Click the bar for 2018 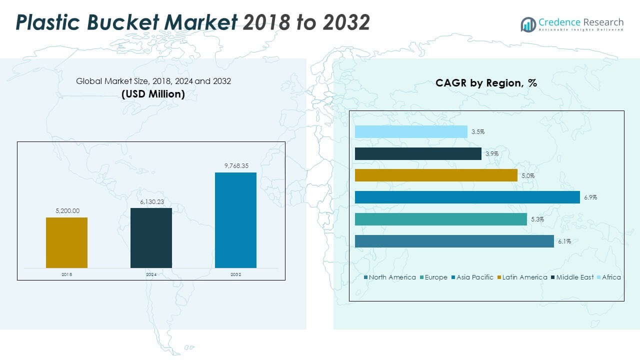pos(66,242)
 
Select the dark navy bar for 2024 pos(151,237)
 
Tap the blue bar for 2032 pos(235,220)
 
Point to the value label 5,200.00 pos(66,211)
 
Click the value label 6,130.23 pos(151,201)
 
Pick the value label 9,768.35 pos(235,166)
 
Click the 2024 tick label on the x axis pos(151,274)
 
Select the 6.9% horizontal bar pos(467,197)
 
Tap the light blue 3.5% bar pos(411,132)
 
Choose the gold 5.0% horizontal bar pos(436,175)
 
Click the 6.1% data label pos(564,241)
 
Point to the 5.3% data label pos(537,219)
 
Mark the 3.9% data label pos(491,154)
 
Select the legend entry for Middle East pos(575,277)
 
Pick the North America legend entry pos(392,277)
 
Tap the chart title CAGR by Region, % pos(486,83)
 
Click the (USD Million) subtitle pos(153,94)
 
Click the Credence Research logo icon pos(528,24)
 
